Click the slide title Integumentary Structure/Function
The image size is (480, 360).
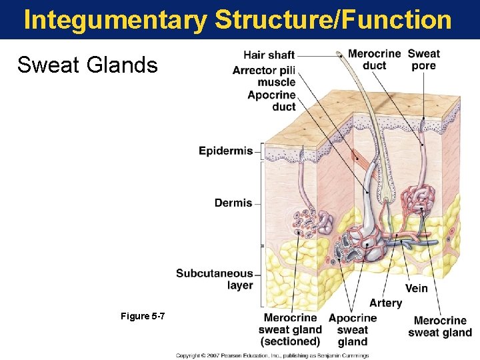tap(237, 20)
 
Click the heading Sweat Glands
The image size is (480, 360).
tap(87, 65)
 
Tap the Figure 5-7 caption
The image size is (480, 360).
tap(143, 315)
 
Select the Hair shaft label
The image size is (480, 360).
tap(269, 55)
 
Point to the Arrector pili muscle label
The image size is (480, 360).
tap(264, 76)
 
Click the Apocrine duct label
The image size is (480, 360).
tap(271, 101)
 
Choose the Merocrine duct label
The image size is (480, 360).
tap(374, 59)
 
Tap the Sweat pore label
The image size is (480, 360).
tap(423, 59)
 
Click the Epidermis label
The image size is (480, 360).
tap(225, 151)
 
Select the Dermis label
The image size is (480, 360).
tap(233, 203)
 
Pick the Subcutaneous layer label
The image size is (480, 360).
tap(215, 279)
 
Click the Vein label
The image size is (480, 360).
tap(416, 289)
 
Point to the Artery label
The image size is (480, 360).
tap(385, 303)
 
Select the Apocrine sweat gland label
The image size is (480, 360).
tap(353, 330)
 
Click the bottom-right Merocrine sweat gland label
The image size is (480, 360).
tap(440, 327)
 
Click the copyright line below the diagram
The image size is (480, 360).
tap(272, 355)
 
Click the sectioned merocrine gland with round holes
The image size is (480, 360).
tap(305, 224)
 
